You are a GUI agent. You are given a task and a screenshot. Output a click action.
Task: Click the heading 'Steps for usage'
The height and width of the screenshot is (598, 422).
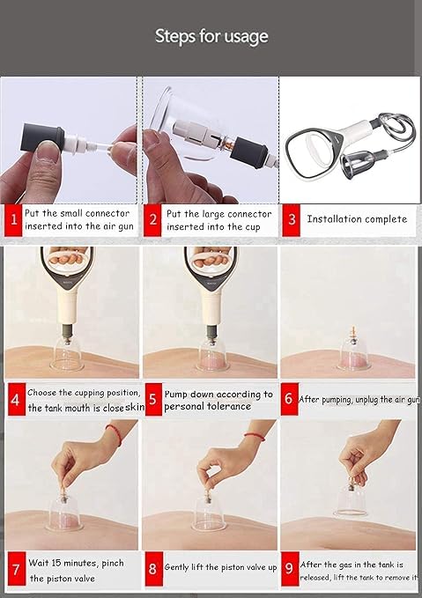[x=211, y=36]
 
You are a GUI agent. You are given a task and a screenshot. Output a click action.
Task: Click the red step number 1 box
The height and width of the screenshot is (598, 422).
[x=12, y=219]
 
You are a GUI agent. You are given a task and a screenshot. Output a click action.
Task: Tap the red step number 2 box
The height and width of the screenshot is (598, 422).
[x=152, y=219]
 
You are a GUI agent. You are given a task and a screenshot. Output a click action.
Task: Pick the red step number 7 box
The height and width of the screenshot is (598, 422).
[x=14, y=569]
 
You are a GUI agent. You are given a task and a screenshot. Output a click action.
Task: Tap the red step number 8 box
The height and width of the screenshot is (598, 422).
[x=152, y=569]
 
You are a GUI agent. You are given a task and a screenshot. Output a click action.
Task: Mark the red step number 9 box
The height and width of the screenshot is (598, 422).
[x=290, y=569]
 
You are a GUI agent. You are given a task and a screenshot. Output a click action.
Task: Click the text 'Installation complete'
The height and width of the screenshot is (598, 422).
[x=357, y=218]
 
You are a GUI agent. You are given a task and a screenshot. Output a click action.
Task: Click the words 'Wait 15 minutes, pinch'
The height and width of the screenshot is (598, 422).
[x=76, y=562]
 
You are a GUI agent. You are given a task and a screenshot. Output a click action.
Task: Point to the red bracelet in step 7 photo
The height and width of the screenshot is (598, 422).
[x=113, y=434]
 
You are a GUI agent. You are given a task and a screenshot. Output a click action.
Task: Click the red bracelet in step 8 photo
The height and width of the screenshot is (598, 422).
[x=255, y=435]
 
